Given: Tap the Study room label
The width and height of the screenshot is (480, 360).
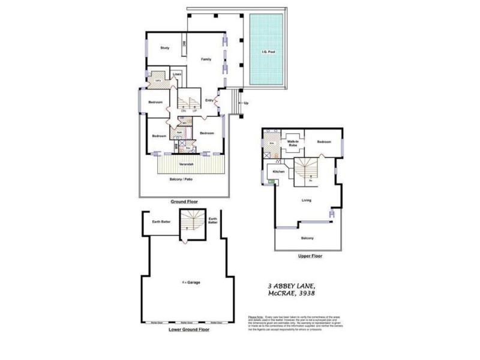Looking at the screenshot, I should tap(164, 48).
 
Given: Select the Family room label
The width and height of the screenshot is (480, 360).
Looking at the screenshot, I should tap(206, 59).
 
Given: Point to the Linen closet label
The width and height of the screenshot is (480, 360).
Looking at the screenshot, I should tap(177, 75).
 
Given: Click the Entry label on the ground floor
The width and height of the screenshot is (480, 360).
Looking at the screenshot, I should tap(209, 100).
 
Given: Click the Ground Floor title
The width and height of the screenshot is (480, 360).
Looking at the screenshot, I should tap(184, 202).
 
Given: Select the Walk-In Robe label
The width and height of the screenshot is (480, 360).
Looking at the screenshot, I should tap(293, 143).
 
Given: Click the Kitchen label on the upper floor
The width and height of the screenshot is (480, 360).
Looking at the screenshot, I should tap(279, 172).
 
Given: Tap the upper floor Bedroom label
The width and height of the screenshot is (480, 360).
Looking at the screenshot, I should tap(324, 142).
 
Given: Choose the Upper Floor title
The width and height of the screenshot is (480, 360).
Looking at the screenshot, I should tap(310, 256).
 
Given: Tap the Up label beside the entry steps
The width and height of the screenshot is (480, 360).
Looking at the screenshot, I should tap(246, 103).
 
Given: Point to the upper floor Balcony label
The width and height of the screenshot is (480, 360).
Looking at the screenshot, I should tap(307, 238).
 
